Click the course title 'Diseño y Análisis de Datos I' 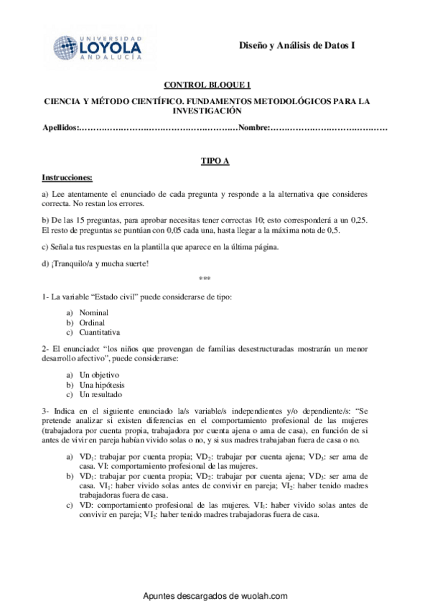297,46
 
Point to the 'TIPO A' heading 214,161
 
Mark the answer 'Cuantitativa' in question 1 100,333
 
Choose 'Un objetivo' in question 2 99,375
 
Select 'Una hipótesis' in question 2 102,385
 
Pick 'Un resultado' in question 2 101,394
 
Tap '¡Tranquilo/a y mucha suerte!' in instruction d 90,263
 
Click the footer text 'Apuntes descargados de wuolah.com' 215,596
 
